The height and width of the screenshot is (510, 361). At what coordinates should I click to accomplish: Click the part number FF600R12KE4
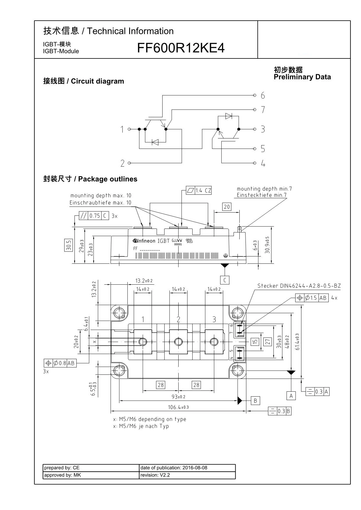181,48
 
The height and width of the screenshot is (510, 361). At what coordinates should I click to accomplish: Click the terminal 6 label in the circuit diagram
263,95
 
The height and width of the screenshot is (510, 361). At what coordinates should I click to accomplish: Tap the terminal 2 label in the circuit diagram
122,163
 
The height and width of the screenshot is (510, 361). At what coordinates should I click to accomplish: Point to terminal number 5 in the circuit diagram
263,149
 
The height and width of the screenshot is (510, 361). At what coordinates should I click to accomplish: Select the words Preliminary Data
302,77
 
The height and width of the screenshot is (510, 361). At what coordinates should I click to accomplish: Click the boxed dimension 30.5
68,245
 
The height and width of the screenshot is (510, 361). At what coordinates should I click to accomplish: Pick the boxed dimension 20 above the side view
227,207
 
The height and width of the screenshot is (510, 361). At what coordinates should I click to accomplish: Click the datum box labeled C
225,280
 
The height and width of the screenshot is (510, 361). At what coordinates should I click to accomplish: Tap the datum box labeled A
291,395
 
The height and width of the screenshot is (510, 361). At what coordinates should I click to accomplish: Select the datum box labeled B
255,401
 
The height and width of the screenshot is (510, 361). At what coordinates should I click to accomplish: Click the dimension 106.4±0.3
178,407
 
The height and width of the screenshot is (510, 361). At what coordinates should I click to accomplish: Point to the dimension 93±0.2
178,397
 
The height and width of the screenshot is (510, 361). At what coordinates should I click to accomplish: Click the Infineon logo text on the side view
144,241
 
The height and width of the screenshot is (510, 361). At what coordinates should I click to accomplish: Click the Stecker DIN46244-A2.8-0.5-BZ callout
299,286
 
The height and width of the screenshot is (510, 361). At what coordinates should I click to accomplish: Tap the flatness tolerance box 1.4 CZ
199,190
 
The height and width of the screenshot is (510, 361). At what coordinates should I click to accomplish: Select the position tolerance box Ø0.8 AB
60,363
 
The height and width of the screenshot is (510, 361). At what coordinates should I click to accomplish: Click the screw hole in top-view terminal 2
178,342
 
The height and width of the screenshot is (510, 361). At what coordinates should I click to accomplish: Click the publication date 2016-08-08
195,468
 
